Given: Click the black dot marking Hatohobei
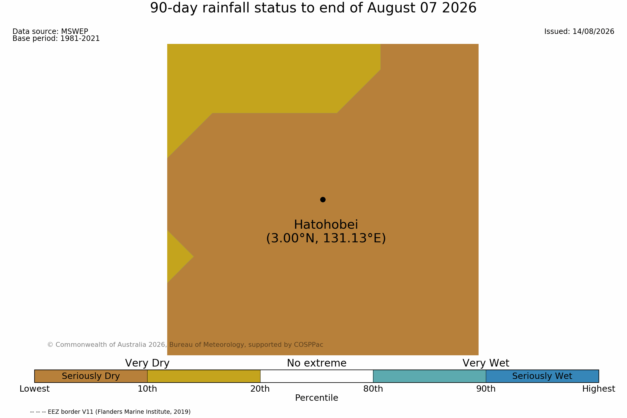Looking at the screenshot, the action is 323,200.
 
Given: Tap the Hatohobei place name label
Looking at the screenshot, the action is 326,225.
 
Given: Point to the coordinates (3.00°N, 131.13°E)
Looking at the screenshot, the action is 326,238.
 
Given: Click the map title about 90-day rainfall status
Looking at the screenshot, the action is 313,8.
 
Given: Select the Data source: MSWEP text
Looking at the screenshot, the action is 50,32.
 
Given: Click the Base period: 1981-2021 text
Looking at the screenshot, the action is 56,38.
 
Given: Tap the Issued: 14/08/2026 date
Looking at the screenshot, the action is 579,32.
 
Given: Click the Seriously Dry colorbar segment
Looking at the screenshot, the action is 91,376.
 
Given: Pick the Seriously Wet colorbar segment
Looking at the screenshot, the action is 542,376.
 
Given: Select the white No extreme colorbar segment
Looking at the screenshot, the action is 317,376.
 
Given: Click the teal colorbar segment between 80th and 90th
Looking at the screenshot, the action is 430,376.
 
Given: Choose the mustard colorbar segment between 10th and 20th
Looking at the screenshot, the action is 204,376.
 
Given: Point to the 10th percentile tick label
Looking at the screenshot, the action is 148,389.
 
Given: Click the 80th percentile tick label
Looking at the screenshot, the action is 373,389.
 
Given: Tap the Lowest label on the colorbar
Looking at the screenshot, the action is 35,389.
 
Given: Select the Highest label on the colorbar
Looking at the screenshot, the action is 599,389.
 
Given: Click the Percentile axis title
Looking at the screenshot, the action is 317,398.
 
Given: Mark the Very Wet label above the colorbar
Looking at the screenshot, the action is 486,363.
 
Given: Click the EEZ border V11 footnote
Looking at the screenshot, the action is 110,412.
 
